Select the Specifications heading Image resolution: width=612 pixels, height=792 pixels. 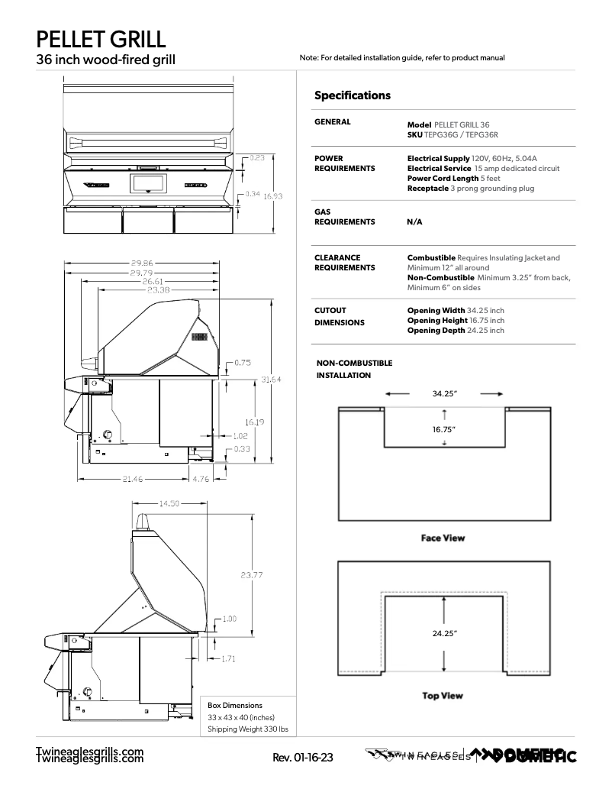352,95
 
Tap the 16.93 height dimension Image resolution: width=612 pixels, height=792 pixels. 273,196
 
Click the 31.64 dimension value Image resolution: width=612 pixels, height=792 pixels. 272,380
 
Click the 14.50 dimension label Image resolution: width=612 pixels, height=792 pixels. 169,503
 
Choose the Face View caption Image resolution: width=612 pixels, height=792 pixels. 443,538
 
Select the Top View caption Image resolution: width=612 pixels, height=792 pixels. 443,696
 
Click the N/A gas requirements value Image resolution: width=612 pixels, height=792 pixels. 414,222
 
